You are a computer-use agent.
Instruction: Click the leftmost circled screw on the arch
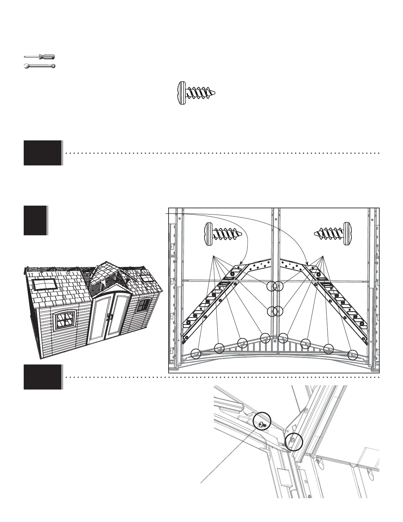pyautogui.click(x=196, y=354)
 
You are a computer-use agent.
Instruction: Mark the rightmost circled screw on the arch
pyautogui.click(x=353, y=354)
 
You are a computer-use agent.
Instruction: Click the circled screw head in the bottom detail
pyautogui.click(x=262, y=425)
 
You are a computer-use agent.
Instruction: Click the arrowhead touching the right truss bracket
pyautogui.click(x=307, y=263)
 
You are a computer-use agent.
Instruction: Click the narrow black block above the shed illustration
pyautogui.click(x=35, y=220)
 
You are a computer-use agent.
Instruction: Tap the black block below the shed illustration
pyautogui.click(x=42, y=377)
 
